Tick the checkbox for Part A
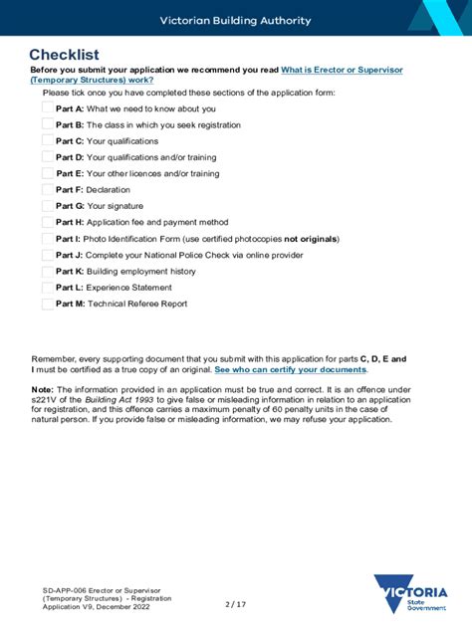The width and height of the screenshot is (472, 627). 48,108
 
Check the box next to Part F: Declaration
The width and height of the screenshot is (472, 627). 48,189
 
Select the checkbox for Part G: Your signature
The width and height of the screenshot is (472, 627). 48,206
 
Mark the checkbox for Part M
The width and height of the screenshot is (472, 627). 48,304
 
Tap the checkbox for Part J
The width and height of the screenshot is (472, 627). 48,255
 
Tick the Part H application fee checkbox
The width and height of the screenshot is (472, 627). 48,222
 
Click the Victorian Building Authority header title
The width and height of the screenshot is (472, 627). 236,20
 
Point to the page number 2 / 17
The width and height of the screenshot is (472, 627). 235,603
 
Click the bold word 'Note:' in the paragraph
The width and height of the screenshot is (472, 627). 42,389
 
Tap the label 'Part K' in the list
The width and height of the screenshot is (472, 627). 70,271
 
